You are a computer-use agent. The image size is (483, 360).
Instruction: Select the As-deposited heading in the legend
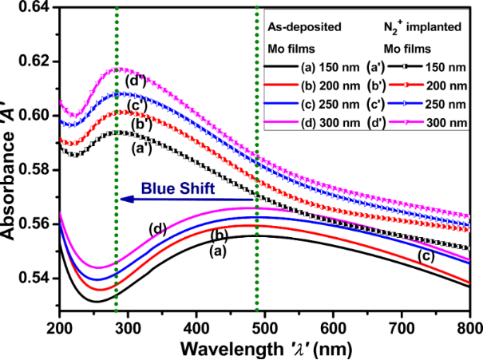click(304, 26)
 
